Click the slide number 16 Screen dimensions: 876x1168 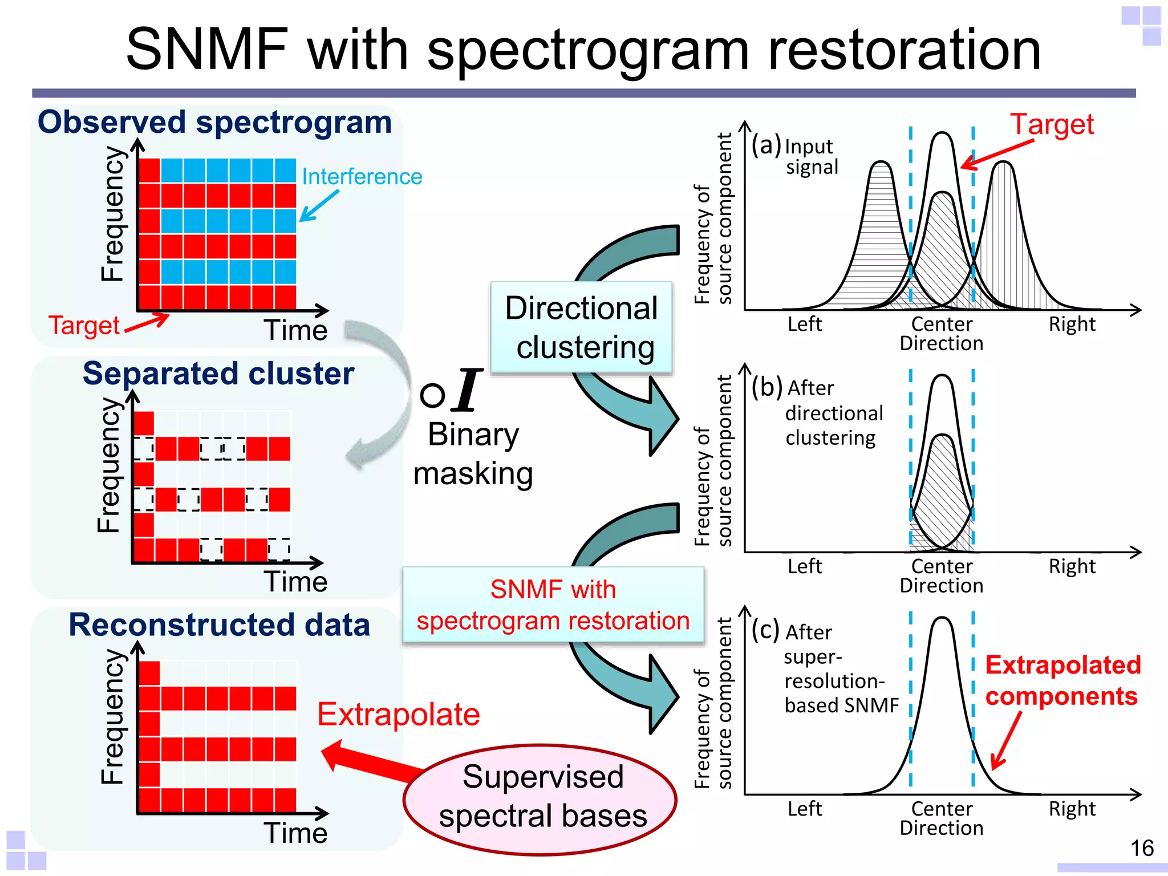coord(1142,848)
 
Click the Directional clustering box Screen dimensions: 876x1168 coord(581,327)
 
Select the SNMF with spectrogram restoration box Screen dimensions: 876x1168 coord(553,605)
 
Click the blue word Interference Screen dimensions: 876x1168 coord(362,177)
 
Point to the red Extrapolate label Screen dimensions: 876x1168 coord(398,714)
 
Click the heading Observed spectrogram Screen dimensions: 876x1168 coord(214,122)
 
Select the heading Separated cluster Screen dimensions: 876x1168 coord(218,374)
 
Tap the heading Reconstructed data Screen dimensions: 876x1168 coord(219,624)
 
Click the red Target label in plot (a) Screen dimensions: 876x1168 coord(1052,124)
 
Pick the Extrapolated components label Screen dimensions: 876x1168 coord(1062,680)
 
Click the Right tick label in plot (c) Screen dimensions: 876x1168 coord(1072,808)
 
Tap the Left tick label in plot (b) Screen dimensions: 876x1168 coord(804,566)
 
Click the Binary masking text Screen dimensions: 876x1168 coord(473,454)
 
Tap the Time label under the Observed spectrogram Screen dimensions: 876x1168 coord(295,330)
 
